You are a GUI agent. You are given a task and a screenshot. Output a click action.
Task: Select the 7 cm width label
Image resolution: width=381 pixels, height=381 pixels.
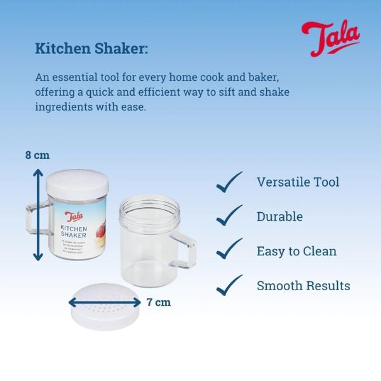(x=158, y=302)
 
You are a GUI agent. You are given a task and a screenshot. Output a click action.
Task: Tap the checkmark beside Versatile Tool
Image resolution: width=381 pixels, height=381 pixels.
(x=229, y=182)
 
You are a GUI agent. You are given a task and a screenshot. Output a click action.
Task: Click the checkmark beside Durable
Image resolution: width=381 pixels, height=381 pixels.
(x=229, y=216)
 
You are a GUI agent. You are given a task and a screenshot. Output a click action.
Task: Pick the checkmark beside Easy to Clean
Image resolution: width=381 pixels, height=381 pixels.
(x=229, y=251)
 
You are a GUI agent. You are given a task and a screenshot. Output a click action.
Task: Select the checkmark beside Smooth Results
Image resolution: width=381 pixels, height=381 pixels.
(x=229, y=285)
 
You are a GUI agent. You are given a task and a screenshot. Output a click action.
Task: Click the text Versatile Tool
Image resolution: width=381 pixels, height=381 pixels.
(x=297, y=182)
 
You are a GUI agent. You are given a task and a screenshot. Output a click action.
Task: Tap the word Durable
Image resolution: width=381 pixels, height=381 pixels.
(x=279, y=217)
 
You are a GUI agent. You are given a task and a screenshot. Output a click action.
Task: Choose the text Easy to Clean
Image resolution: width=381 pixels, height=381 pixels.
(x=296, y=251)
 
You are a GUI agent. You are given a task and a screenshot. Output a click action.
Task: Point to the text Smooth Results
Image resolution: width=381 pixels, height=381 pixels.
(x=303, y=286)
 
